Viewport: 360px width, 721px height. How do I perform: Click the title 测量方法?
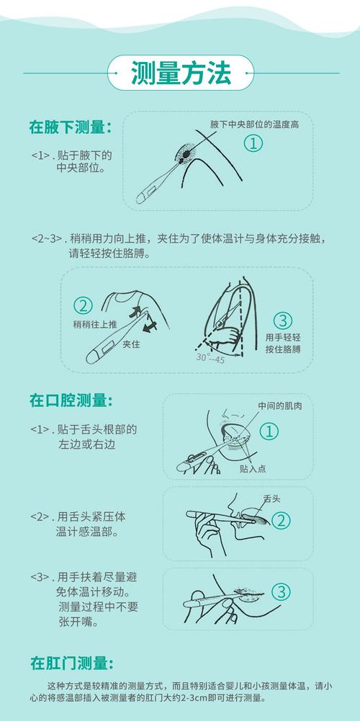click(x=180, y=73)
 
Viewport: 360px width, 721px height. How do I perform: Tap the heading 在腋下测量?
click(x=70, y=127)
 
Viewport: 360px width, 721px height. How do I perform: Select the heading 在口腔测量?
click(x=70, y=400)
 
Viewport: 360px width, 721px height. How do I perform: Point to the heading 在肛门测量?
click(x=70, y=663)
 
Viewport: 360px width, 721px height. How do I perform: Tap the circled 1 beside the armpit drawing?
click(x=253, y=143)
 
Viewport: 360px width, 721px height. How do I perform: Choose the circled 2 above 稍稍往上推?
click(x=84, y=305)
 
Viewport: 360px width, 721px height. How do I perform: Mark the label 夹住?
click(x=131, y=344)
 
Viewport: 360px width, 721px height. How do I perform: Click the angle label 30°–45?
click(x=211, y=358)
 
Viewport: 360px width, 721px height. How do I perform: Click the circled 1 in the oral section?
click(x=268, y=431)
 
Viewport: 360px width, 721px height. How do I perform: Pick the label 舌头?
click(x=272, y=498)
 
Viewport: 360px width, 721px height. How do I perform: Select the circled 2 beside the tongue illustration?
click(x=282, y=519)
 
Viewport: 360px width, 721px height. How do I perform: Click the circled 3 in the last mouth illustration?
click(x=282, y=592)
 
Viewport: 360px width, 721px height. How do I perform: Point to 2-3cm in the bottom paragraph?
click(x=218, y=698)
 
